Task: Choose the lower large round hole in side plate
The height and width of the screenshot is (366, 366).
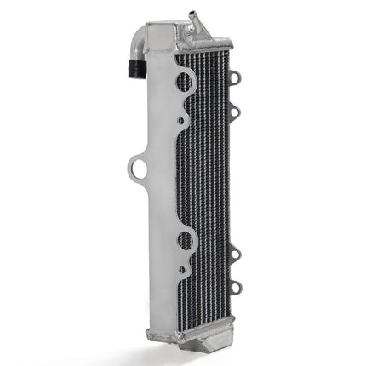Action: [185, 239]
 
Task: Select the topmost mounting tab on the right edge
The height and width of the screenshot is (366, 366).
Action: [235, 78]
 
